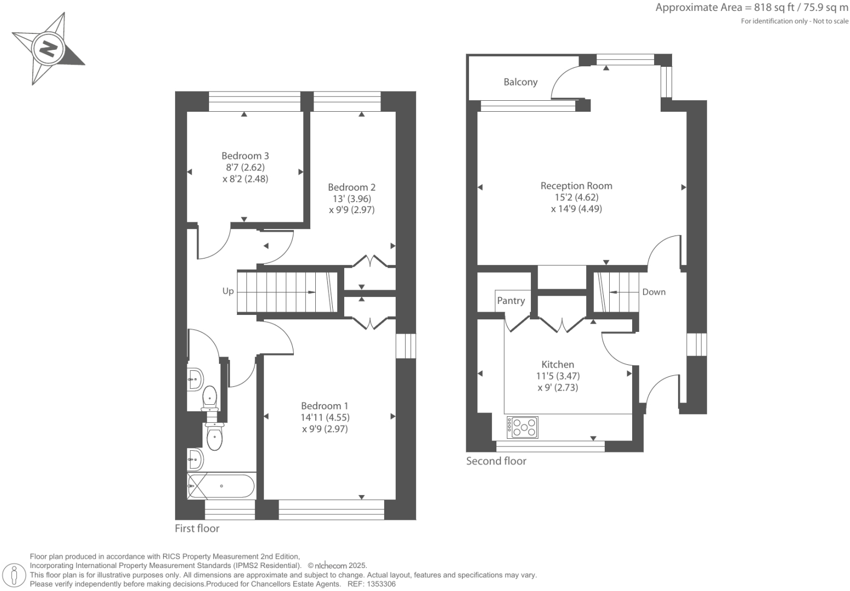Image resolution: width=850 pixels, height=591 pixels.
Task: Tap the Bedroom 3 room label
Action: pos(245,156)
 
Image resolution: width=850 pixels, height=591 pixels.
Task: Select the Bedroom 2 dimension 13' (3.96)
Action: pos(351,199)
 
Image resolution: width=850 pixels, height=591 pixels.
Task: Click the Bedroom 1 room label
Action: pos(324,406)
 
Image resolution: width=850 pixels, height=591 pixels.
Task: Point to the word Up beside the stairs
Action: pos(228,291)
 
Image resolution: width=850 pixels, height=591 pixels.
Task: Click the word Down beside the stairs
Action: pos(654,292)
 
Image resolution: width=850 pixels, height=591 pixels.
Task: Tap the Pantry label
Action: pos(511,301)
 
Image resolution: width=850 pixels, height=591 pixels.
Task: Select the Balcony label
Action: pos(520,82)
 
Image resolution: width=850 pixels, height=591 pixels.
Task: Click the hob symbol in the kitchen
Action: pos(522,427)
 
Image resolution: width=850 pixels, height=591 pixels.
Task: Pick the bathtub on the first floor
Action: pos(221,486)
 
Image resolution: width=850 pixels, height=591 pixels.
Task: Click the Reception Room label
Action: pos(576,186)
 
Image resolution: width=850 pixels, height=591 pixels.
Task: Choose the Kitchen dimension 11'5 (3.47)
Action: pos(557,376)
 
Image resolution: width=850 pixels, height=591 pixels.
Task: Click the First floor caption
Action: pos(196,529)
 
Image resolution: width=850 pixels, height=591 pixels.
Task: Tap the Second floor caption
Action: pos(496,461)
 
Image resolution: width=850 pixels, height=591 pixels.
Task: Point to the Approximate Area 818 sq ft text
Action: pos(751,8)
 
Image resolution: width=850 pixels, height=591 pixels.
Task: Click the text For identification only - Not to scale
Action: pos(794,21)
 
